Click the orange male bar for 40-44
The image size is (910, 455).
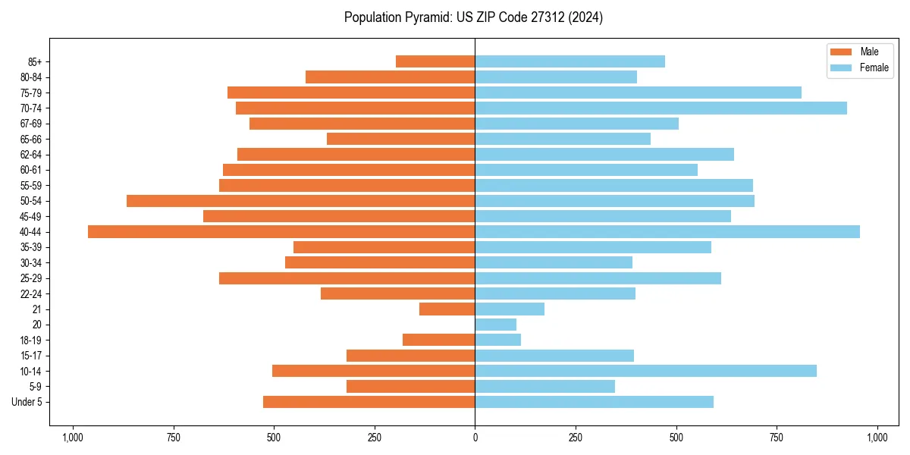click(x=281, y=232)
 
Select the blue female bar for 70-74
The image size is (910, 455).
click(x=661, y=108)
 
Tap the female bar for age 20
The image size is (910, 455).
click(x=496, y=325)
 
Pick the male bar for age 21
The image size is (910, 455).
click(x=447, y=309)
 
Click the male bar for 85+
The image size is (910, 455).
click(x=435, y=61)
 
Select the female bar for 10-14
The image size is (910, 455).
click(x=645, y=371)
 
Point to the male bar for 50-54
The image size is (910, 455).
click(x=300, y=201)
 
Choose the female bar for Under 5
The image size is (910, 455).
click(x=594, y=402)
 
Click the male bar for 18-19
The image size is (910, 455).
click(x=439, y=340)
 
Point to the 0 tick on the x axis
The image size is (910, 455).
click(x=475, y=438)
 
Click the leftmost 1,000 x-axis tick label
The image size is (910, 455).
click(x=73, y=438)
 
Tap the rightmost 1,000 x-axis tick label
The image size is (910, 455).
click(x=877, y=438)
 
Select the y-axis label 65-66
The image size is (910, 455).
click(x=31, y=140)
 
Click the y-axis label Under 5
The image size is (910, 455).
click(x=27, y=402)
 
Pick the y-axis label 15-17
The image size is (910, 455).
click(x=31, y=356)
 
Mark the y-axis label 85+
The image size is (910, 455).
click(x=35, y=61)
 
